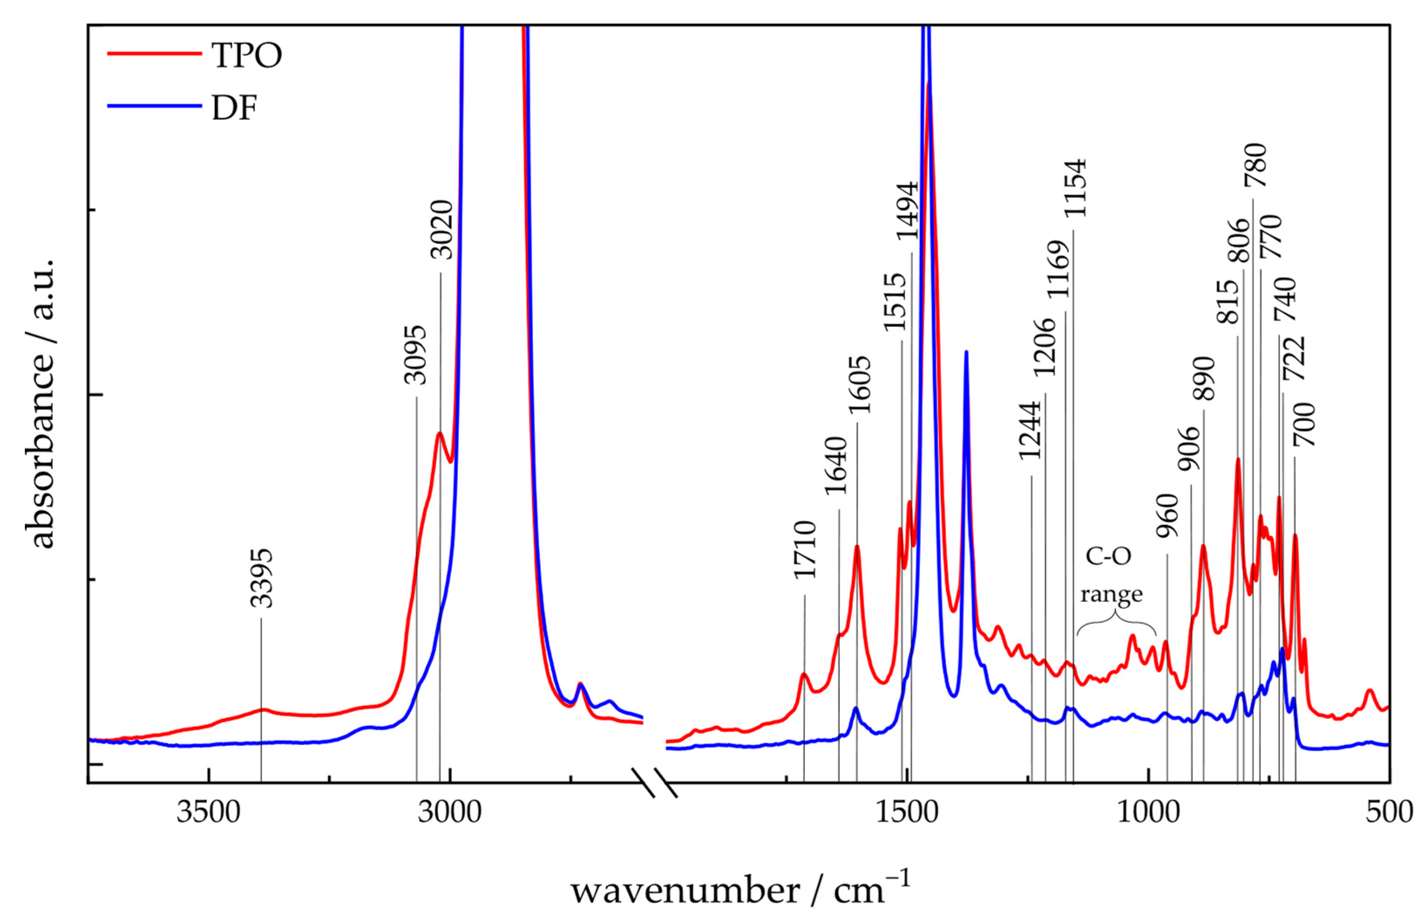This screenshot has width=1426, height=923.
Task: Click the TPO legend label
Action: [x=246, y=56]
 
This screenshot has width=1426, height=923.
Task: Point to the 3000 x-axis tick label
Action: [x=449, y=812]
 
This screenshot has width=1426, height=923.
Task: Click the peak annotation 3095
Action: [x=416, y=355]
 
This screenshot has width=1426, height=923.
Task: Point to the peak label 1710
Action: [x=805, y=550]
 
